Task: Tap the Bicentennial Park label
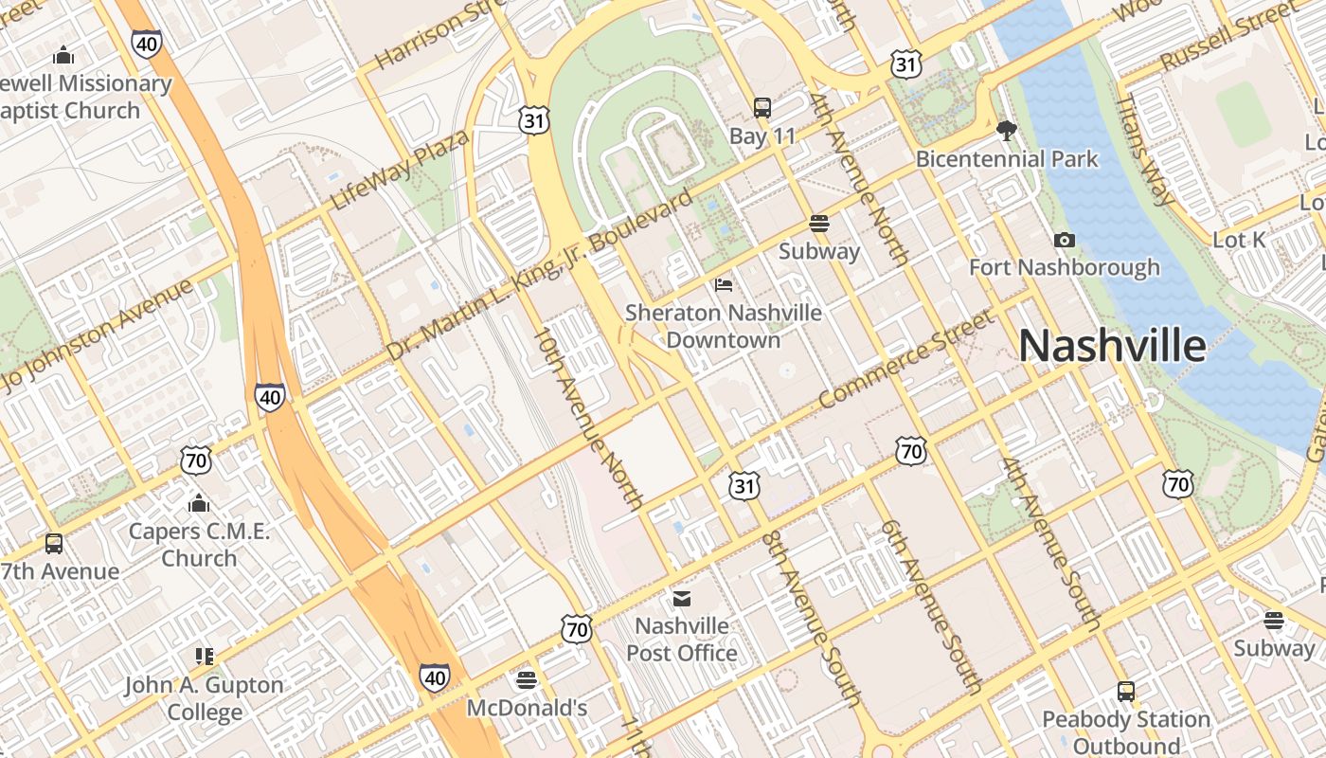click(1007, 158)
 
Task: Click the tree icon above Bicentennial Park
click(1007, 131)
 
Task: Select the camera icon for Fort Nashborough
click(1065, 241)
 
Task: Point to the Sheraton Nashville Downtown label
click(724, 325)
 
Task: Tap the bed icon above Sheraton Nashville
click(724, 284)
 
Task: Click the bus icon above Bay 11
click(762, 107)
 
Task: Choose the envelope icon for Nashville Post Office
click(682, 598)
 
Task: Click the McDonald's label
click(527, 708)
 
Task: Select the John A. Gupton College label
click(204, 698)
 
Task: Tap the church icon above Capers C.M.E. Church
click(199, 502)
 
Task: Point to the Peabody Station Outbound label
click(1126, 732)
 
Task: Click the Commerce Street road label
click(906, 360)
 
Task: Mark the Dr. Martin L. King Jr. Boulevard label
click(540, 275)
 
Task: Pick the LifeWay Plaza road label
click(400, 171)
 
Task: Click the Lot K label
click(1239, 240)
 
